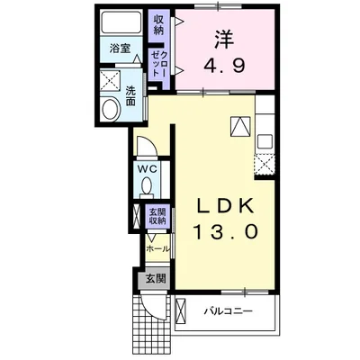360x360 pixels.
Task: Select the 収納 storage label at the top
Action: pos(158,24)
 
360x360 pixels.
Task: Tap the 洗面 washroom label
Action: pos(131,95)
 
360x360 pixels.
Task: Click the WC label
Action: pos(148,169)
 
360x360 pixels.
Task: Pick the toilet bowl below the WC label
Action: pos(148,187)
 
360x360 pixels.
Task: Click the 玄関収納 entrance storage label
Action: pos(156,217)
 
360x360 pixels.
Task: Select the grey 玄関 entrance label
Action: pos(155,279)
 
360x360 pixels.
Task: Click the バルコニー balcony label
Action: pos(227,311)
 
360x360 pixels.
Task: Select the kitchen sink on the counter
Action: pos(265,140)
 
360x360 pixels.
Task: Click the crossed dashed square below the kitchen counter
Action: pos(265,163)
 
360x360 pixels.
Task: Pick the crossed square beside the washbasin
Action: pos(109,80)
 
